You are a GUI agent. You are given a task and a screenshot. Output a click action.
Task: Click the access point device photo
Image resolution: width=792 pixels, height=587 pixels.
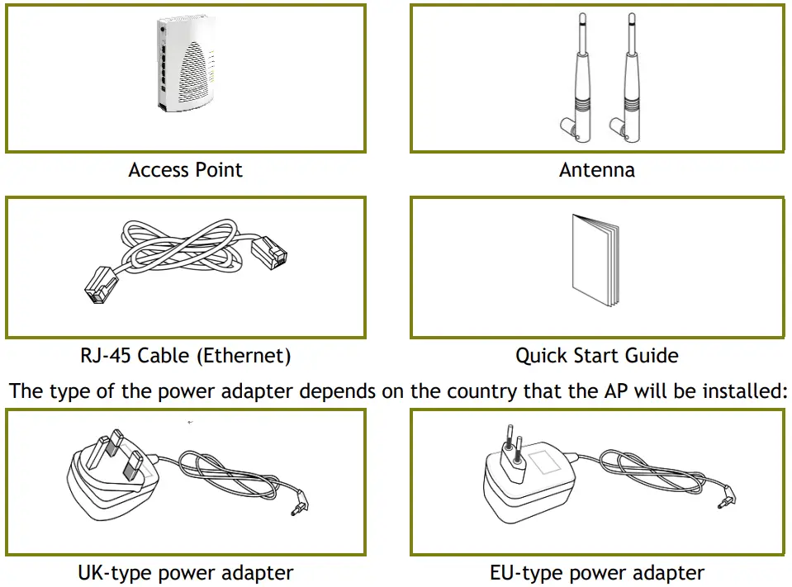pyautogui.click(x=186, y=63)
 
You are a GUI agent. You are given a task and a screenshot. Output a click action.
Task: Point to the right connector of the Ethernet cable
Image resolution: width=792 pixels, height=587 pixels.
pyautogui.click(x=269, y=253)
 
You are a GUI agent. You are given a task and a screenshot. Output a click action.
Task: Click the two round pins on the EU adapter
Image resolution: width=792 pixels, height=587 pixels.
pyautogui.click(x=513, y=444)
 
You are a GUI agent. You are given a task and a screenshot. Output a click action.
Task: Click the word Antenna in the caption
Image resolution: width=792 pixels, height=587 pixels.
pyautogui.click(x=596, y=170)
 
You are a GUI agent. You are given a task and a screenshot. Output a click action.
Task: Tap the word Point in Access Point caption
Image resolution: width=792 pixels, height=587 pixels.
pyautogui.click(x=218, y=170)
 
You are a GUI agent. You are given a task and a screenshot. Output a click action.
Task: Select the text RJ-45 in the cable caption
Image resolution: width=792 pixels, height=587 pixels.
pyautogui.click(x=105, y=356)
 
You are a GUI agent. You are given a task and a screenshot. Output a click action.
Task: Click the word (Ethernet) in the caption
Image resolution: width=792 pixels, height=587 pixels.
pyautogui.click(x=244, y=357)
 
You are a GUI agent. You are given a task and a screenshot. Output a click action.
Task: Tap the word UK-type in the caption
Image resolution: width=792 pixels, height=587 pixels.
pyautogui.click(x=115, y=573)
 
